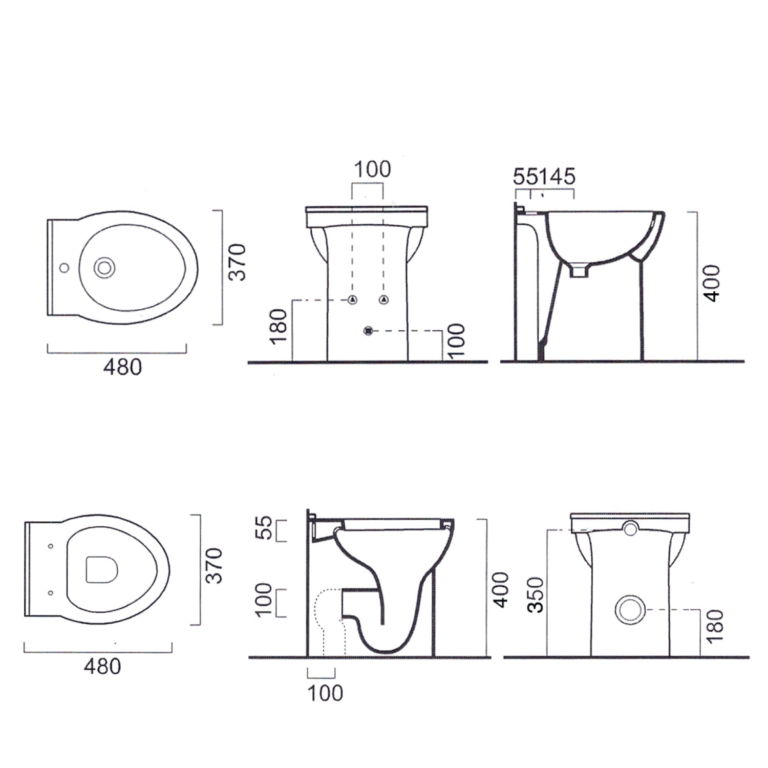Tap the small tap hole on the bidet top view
(x=64, y=267)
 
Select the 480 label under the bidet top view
(x=123, y=367)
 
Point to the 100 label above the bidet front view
(x=372, y=169)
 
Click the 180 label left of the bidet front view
(x=280, y=327)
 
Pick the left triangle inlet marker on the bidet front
(x=352, y=300)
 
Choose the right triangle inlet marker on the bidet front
(x=383, y=300)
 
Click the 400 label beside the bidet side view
(x=711, y=283)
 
